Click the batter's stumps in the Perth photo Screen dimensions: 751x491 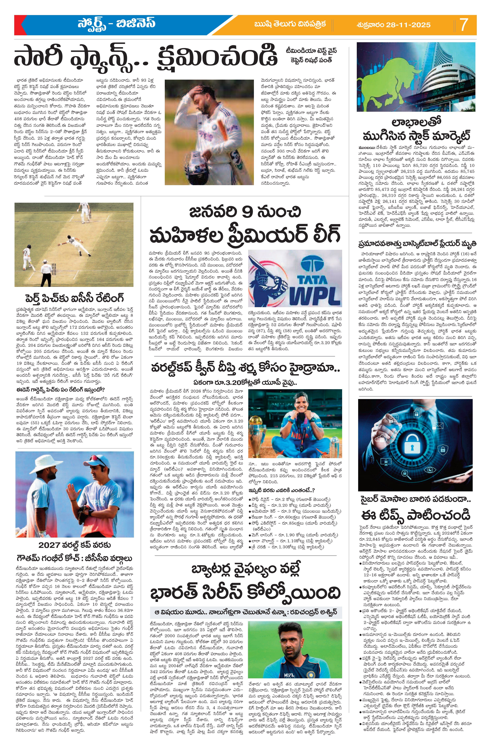[53, 269]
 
